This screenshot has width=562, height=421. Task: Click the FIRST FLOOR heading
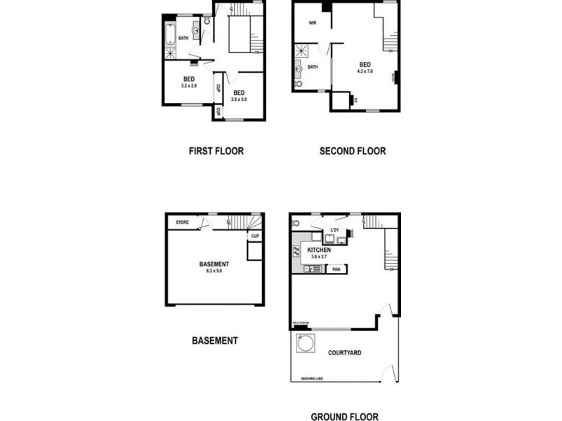[216, 151]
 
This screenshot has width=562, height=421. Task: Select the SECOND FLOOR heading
[352, 151]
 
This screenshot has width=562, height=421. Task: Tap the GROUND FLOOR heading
[344, 416]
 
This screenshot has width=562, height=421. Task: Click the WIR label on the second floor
[313, 22]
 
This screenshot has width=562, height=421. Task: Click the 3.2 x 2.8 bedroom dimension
[188, 86]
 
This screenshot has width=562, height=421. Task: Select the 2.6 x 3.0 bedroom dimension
[239, 100]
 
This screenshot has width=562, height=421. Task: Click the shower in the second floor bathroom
[303, 51]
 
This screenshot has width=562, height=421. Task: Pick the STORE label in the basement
[183, 223]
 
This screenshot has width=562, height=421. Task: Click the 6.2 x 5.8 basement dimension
[214, 270]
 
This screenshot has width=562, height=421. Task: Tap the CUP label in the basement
[255, 236]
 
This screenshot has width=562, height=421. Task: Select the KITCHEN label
[319, 250]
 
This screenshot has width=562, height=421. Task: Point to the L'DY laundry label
[334, 230]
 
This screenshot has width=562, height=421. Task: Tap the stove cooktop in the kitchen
[296, 251]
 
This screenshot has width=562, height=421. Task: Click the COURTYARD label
[344, 352]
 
